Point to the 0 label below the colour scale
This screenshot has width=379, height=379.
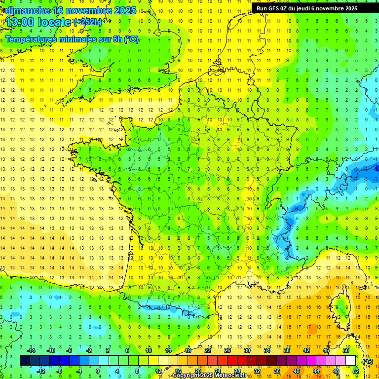coord(98,371)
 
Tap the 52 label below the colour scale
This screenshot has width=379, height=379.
coord(356,371)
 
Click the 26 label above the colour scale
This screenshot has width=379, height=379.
coord(227,350)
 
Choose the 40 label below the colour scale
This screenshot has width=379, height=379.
coord(296,371)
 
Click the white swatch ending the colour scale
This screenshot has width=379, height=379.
coord(351,361)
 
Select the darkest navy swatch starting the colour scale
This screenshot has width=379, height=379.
coord(25,361)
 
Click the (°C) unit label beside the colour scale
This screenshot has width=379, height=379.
coord(367,361)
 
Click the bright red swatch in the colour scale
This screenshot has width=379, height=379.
coord(232,361)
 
